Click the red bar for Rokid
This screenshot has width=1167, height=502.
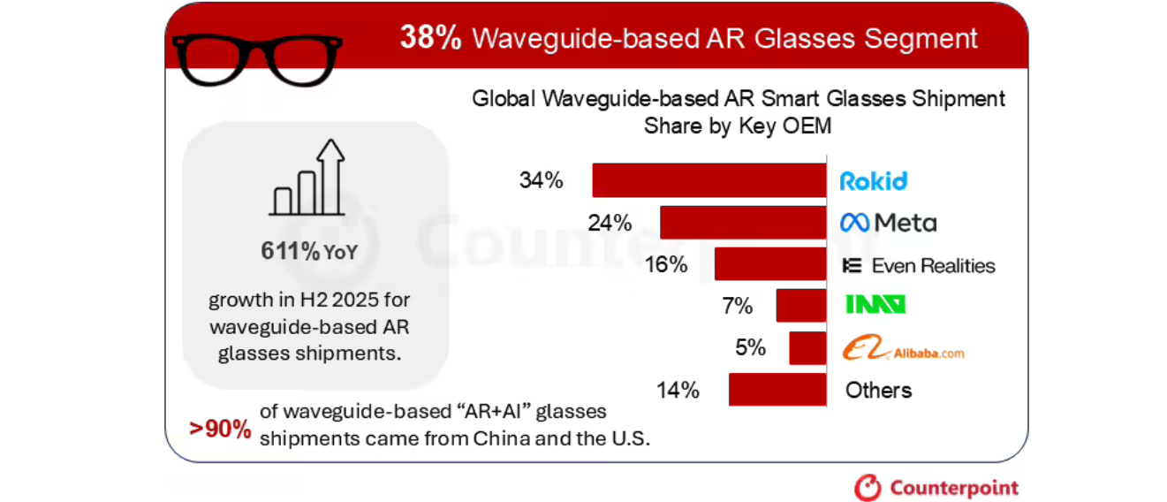709,180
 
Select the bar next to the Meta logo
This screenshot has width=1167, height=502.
742,223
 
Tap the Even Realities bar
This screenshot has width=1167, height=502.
769,265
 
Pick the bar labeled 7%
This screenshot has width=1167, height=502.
800,306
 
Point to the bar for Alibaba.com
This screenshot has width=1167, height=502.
807,348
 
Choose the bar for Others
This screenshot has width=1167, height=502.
777,390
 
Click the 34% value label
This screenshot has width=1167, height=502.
541,180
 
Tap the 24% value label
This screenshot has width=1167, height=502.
610,223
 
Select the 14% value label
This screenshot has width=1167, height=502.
678,390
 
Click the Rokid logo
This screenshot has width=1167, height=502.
873,181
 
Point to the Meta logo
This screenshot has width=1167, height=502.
888,223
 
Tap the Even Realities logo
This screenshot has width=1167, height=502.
918,265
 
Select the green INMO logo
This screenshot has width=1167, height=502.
875,306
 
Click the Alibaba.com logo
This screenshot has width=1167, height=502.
901,350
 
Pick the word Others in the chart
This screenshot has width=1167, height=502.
878,390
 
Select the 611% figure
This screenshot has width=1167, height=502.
291,251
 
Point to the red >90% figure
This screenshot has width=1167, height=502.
220,429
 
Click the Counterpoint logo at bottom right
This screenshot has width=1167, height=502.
936,487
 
